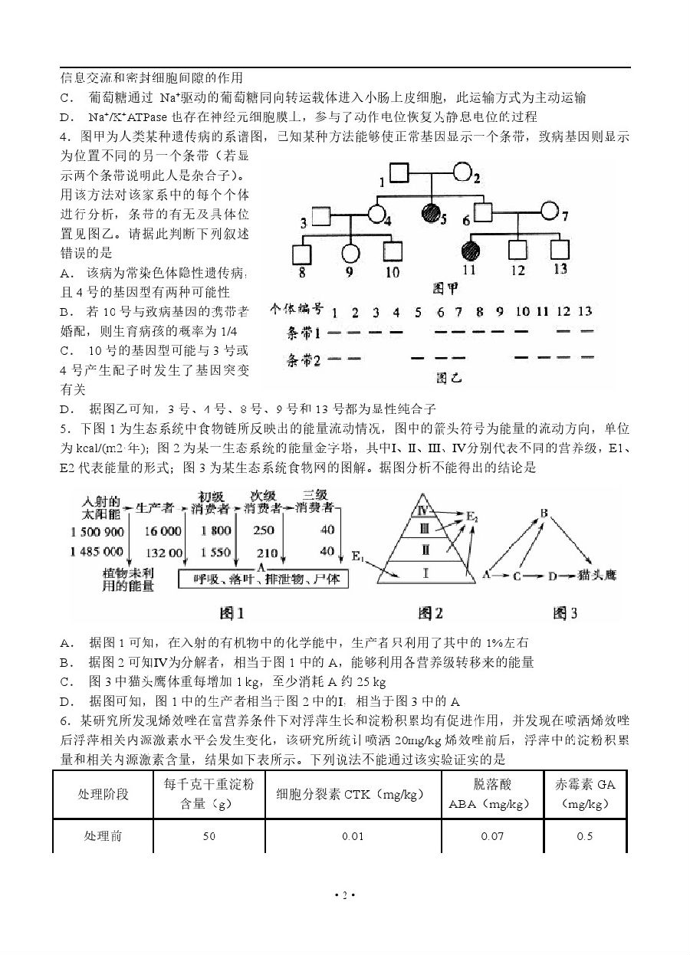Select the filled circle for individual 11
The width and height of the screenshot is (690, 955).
pyautogui.click(x=469, y=250)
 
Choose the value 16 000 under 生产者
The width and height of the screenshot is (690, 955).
pyautogui.click(x=163, y=531)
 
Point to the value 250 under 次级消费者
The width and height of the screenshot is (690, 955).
pyautogui.click(x=263, y=531)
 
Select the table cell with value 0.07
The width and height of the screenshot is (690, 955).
pyautogui.click(x=492, y=836)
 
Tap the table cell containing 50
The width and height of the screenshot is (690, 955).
pyautogui.click(x=209, y=836)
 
